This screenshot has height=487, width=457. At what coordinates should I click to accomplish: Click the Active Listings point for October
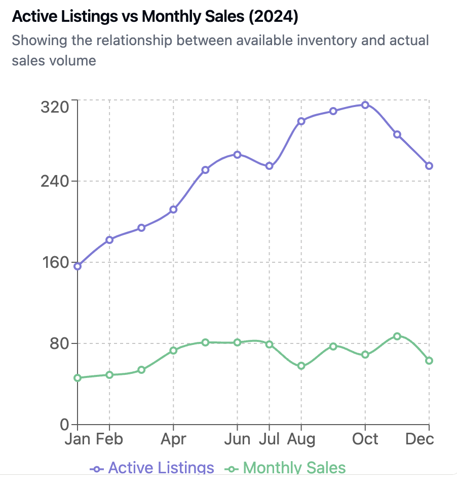pyautogui.click(x=365, y=105)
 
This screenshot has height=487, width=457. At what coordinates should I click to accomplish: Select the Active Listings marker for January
pyautogui.click(x=78, y=266)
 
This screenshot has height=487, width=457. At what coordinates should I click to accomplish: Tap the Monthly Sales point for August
pyautogui.click(x=301, y=366)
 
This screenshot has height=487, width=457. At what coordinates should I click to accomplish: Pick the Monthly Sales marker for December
pyautogui.click(x=429, y=361)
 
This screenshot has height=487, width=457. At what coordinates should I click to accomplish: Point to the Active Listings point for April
pyautogui.click(x=173, y=210)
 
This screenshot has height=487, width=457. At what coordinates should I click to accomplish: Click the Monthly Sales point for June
pyautogui.click(x=237, y=342)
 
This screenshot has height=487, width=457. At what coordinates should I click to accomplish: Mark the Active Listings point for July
pyautogui.click(x=269, y=166)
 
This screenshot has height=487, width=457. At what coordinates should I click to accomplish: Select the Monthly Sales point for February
pyautogui.click(x=109, y=375)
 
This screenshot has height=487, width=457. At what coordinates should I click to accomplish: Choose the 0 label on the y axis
pyautogui.click(x=64, y=425)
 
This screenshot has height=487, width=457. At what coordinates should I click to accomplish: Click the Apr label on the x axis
pyautogui.click(x=173, y=439)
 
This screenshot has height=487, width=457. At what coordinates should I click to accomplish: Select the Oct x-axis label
pyautogui.click(x=365, y=439)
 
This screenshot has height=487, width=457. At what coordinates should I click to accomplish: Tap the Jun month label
pyautogui.click(x=237, y=439)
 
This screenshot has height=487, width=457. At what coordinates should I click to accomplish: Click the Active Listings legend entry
pyautogui.click(x=152, y=468)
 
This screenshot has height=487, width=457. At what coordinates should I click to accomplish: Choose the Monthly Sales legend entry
pyautogui.click(x=286, y=468)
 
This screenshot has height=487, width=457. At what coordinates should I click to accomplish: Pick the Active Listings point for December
pyautogui.click(x=429, y=166)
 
